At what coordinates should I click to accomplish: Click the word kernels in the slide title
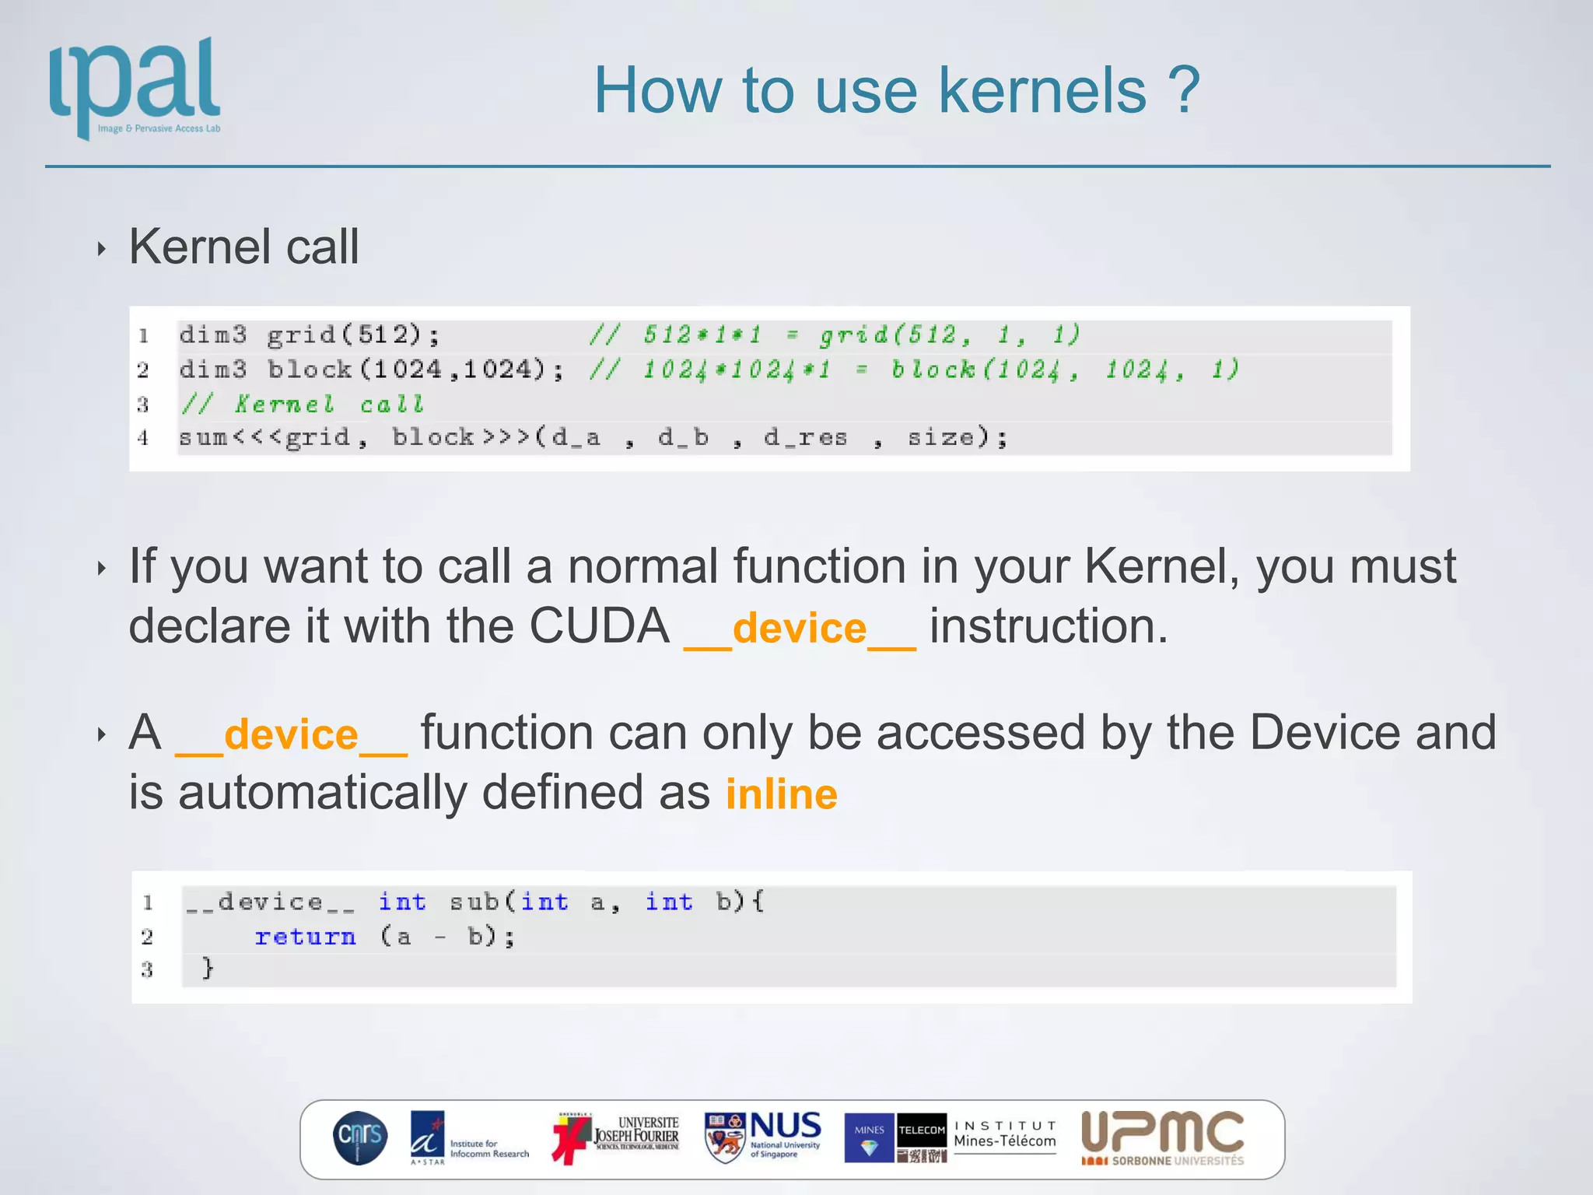1042,91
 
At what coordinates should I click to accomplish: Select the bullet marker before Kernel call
101,249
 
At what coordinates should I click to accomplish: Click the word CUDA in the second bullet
599,626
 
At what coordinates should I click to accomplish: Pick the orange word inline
781,794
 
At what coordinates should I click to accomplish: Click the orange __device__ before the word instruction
800,629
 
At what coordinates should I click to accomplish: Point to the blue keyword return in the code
305,937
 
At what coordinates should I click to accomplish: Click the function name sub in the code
474,902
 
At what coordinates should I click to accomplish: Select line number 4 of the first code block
143,438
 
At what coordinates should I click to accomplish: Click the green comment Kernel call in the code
329,405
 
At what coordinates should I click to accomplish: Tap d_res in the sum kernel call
805,438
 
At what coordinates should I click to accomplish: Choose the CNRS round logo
360,1137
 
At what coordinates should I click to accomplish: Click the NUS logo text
785,1127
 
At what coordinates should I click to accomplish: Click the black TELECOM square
922,1130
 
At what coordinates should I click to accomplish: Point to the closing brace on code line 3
208,969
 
